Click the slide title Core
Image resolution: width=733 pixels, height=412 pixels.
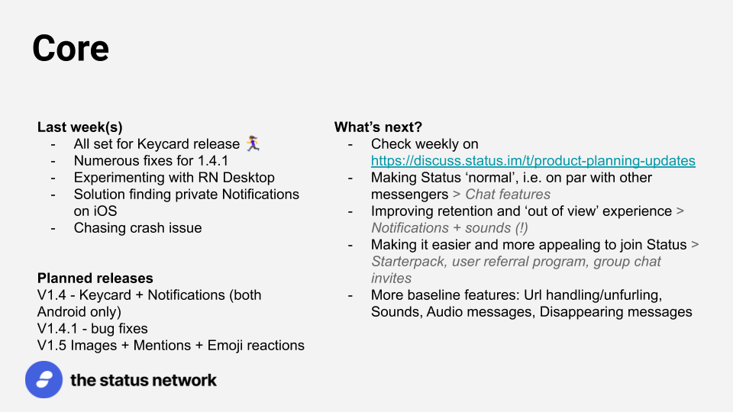(70, 48)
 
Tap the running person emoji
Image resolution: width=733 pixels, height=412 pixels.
(253, 143)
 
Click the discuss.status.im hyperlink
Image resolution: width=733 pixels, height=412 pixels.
(533, 161)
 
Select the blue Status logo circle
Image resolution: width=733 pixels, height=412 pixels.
(44, 380)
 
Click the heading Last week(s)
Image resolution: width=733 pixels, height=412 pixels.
(80, 127)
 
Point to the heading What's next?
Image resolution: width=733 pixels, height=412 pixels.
(378, 127)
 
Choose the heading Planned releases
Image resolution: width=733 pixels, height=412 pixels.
(95, 278)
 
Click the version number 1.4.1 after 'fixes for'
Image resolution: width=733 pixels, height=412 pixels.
(213, 161)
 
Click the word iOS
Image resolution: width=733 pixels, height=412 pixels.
(95, 211)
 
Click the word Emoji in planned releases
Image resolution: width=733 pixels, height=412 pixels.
(224, 346)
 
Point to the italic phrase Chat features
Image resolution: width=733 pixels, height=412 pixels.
(508, 195)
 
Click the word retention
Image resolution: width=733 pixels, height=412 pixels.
(470, 211)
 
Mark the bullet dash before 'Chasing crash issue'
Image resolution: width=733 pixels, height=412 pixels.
(53, 228)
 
